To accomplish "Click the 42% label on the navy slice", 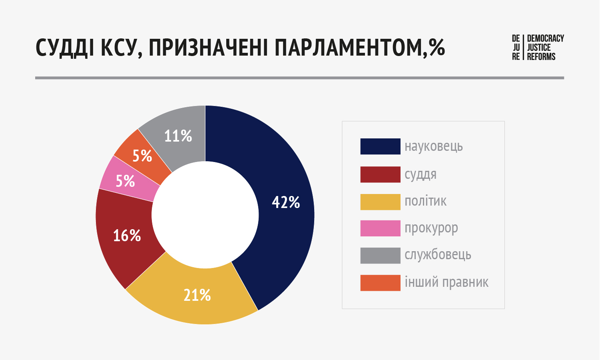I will (x=286, y=202).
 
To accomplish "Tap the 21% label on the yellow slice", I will (x=197, y=295).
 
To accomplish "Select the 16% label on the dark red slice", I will (x=127, y=236).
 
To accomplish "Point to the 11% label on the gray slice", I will (x=178, y=136).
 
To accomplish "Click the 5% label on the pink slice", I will (x=125, y=181).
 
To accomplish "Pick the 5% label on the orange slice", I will (x=142, y=156).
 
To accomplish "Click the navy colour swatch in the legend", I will (x=380, y=146).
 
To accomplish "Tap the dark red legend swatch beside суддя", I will (x=380, y=174).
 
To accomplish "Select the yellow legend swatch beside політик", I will (x=380, y=202).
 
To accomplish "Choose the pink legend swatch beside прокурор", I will (x=380, y=228).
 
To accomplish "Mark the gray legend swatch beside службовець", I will (x=380, y=256).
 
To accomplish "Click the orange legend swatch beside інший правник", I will (x=380, y=283).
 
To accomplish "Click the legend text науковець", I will (x=434, y=146).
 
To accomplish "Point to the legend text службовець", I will (x=438, y=255).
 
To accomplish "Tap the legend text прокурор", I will (x=431, y=228).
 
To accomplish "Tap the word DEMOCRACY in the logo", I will (x=545, y=38).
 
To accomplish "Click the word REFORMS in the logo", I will (x=541, y=57).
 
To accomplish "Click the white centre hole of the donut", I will (x=205, y=215).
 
